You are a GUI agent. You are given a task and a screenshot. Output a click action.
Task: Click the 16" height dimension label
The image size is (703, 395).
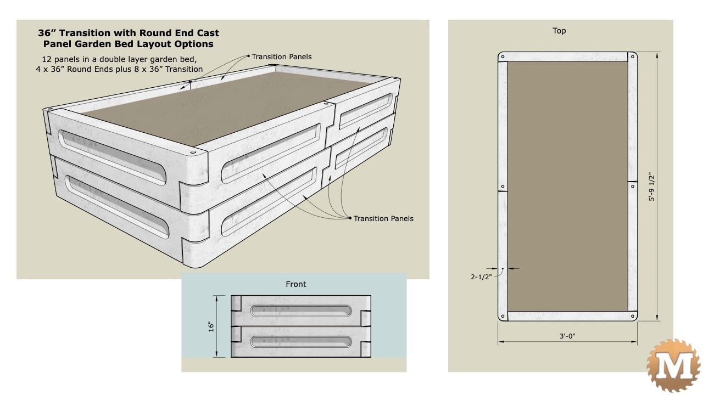[210, 326]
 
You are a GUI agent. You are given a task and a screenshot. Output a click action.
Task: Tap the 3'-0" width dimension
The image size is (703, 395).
[567, 336]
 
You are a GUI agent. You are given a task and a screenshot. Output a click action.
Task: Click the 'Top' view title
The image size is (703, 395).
[559, 31]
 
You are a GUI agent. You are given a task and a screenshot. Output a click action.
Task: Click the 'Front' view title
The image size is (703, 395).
[295, 284]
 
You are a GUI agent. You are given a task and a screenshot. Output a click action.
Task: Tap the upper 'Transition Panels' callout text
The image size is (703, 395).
[282, 57]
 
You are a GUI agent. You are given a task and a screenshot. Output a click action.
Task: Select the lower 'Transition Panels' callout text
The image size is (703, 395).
[383, 218]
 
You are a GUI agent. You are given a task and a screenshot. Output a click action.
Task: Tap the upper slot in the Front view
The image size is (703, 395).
[301, 311]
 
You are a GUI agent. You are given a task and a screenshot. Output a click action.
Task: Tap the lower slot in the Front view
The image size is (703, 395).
[301, 342]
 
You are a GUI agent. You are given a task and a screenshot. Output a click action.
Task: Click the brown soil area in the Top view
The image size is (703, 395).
[567, 187]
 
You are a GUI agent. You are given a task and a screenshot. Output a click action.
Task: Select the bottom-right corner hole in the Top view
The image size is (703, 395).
[633, 317]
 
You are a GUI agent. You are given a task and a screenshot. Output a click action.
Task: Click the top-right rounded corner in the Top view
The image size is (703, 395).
[633, 57]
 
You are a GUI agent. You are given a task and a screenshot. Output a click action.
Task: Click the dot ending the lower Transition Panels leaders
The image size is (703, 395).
[350, 218]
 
